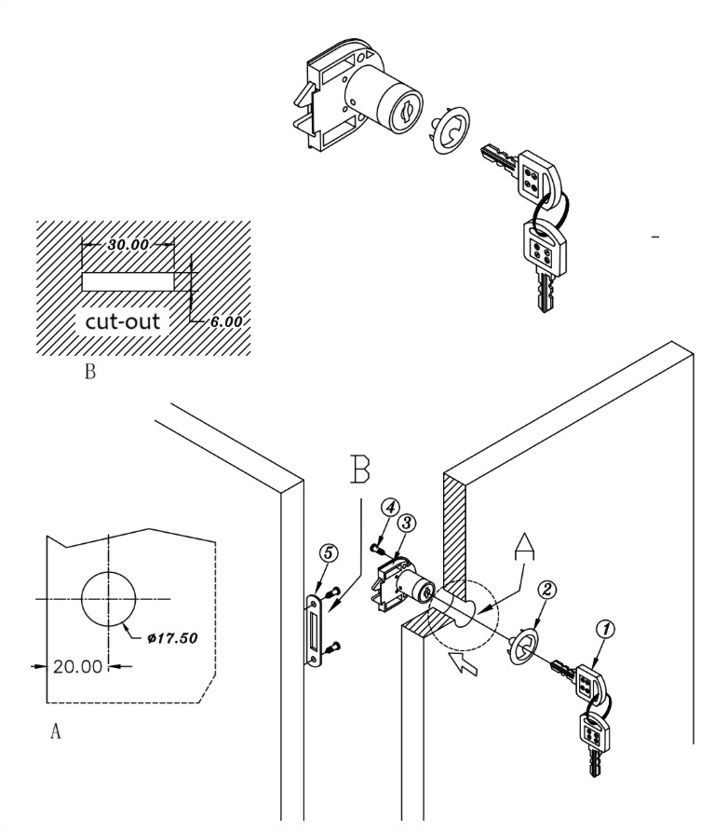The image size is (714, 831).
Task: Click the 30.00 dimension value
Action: click(128, 245)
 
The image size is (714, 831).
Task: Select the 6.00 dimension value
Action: click(226, 321)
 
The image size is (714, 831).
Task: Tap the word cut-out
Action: click(122, 321)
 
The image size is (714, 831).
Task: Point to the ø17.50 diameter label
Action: click(172, 638)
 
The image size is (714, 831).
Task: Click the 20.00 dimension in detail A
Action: click(77, 666)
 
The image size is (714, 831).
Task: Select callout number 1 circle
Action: click(605, 629)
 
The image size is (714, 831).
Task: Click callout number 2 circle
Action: click(547, 589)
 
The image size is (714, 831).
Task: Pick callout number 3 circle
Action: click(406, 523)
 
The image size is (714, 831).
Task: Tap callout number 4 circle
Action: click(390, 507)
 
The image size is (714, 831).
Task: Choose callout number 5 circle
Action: click(328, 552)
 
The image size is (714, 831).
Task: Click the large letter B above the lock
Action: click(360, 469)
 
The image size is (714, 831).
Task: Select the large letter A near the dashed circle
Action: click(524, 547)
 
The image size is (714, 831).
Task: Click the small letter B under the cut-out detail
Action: click(90, 372)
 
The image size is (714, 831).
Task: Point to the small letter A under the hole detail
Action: click(56, 731)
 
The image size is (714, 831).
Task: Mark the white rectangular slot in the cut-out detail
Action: click(128, 282)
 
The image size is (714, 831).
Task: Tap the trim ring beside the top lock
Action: click(450, 130)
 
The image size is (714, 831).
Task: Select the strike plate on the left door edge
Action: click(316, 630)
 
